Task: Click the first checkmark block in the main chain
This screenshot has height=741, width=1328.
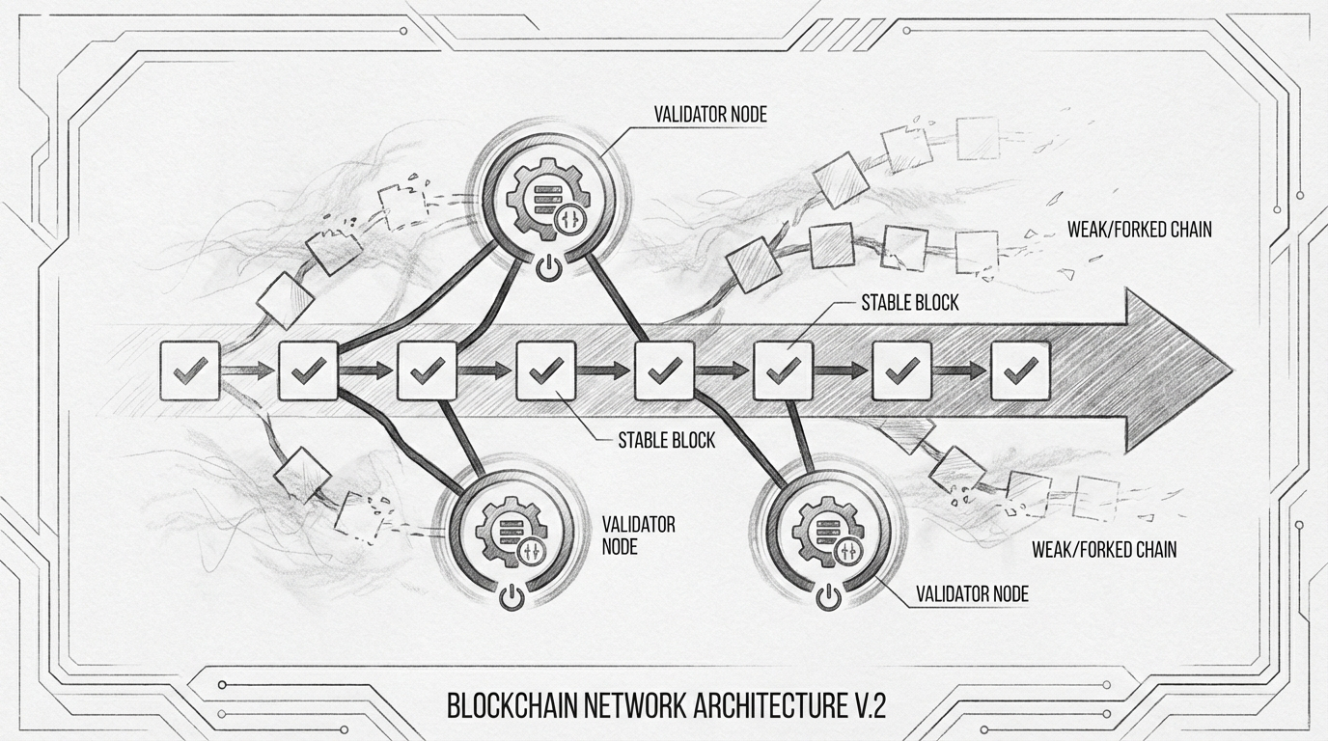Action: click(x=189, y=370)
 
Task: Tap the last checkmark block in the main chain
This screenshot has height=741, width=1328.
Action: click(x=1021, y=370)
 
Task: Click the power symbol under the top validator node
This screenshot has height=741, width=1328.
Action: click(x=546, y=268)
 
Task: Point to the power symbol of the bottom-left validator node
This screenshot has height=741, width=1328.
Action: click(x=512, y=598)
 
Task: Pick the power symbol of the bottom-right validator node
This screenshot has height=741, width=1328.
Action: click(x=828, y=598)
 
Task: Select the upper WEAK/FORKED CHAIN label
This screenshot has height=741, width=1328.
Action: click(x=1139, y=231)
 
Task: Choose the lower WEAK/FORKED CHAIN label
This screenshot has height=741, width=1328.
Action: click(x=1104, y=550)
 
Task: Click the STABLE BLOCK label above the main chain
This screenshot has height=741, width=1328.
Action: click(x=909, y=303)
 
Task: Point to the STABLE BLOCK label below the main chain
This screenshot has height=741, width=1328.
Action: click(x=667, y=441)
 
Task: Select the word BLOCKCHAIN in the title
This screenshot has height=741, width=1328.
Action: click(x=512, y=705)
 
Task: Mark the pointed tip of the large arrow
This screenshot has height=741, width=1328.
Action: click(x=1230, y=370)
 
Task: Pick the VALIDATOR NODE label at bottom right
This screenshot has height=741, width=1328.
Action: click(x=972, y=594)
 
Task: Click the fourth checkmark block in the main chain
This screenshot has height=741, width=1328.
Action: click(x=546, y=370)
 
